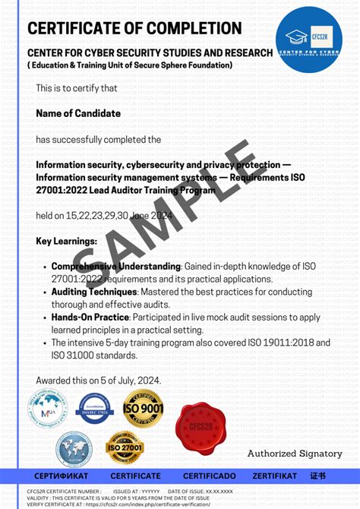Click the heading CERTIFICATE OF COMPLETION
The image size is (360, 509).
click(x=134, y=29)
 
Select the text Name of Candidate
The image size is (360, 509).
click(x=77, y=113)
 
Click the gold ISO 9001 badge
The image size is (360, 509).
click(x=144, y=409)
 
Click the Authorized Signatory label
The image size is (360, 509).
click(x=295, y=454)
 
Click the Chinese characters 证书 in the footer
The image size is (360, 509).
click(x=317, y=476)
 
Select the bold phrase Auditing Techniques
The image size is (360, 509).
click(x=93, y=292)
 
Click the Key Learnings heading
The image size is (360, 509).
click(x=66, y=242)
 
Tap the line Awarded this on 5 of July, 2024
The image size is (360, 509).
click(x=98, y=380)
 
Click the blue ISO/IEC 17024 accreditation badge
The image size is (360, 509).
click(x=95, y=409)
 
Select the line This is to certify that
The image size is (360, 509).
click(x=77, y=88)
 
